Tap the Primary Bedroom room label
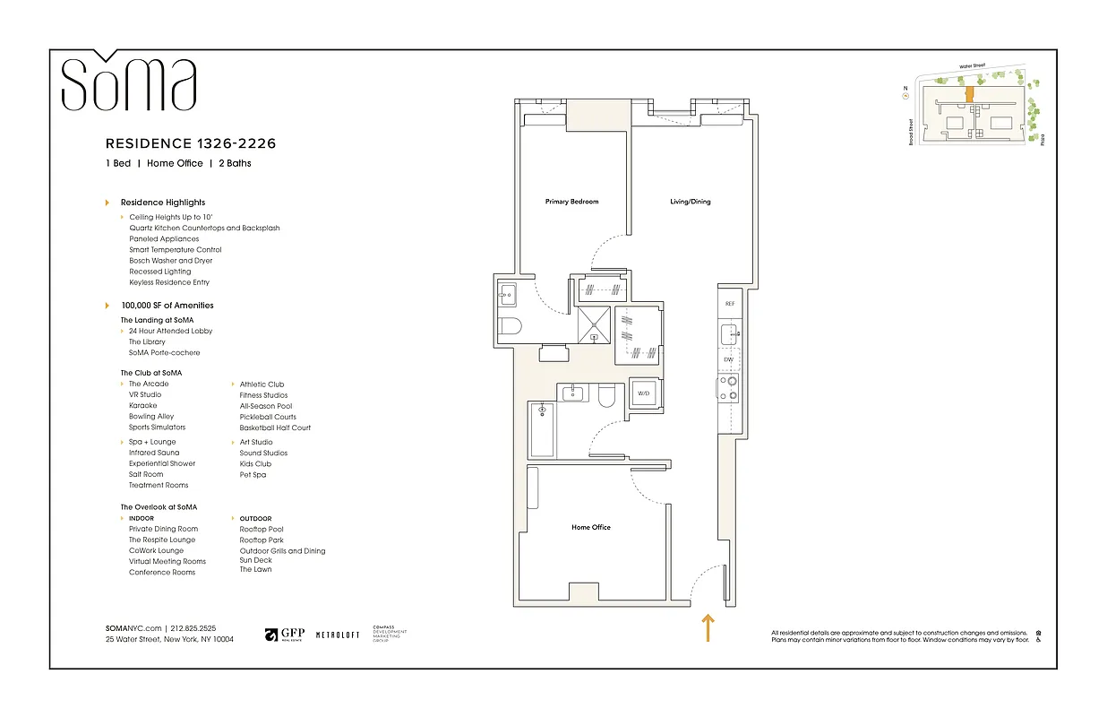[571, 202]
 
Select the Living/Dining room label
[690, 202]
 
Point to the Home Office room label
[591, 527]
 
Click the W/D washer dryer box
[643, 393]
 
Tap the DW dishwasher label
[728, 359]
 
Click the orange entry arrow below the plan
[707, 627]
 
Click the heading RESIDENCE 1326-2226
[191, 143]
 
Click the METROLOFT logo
[338, 635]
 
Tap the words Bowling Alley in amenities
[151, 417]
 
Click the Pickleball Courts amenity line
[268, 417]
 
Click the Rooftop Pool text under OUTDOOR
[262, 530]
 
